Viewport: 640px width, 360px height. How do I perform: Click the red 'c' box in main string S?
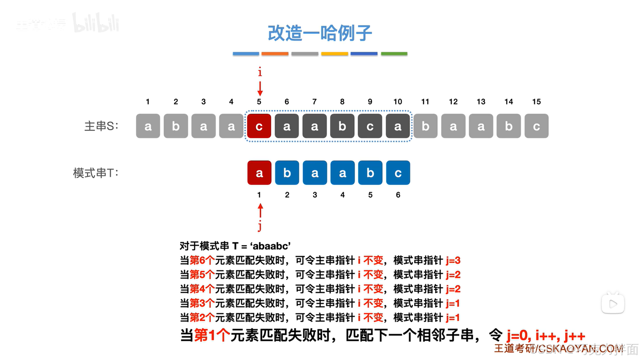pos(259,126)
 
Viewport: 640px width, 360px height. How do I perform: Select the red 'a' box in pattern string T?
pos(259,173)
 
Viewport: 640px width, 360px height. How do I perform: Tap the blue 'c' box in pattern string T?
pos(398,173)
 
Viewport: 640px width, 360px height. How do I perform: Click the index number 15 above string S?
pos(536,102)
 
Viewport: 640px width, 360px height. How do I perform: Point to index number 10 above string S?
pos(398,102)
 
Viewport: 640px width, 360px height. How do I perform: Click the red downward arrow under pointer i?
pos(260,88)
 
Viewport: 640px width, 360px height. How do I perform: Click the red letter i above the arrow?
pos(260,72)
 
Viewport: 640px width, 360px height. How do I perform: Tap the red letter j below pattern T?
pos(260,226)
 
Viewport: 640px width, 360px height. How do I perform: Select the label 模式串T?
pos(96,173)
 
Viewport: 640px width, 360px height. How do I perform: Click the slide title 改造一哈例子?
pos(319,33)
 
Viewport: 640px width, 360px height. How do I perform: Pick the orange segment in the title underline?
pos(275,53)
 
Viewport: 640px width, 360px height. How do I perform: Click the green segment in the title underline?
pos(394,53)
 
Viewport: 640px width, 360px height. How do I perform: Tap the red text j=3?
pos(453,260)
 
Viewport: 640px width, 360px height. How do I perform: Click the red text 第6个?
pos(202,260)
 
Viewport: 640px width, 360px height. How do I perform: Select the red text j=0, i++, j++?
pos(546,335)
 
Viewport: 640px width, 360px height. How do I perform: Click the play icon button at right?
pos(613,304)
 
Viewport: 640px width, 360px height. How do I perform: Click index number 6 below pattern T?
pos(398,195)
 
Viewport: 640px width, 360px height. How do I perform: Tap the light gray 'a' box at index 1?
pos(148,126)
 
